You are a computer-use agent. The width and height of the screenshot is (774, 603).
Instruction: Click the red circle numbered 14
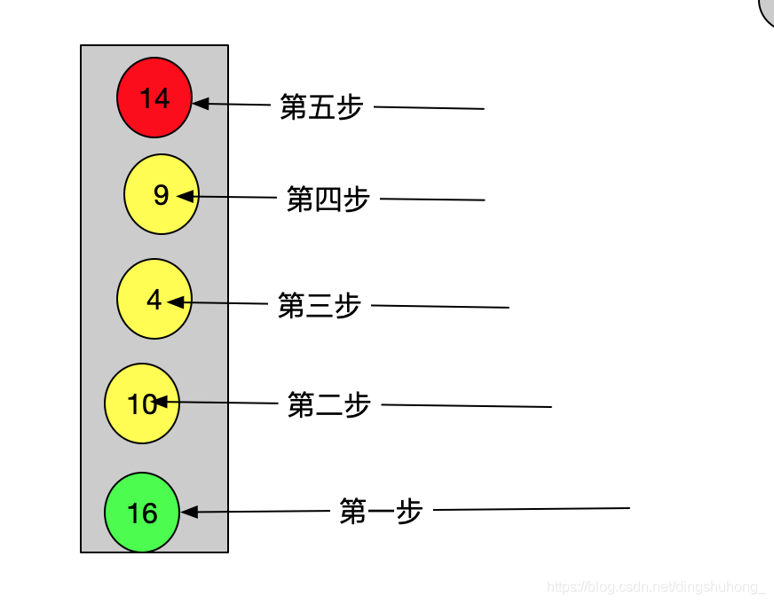click(154, 98)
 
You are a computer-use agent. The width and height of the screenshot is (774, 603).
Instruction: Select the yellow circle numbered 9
click(161, 194)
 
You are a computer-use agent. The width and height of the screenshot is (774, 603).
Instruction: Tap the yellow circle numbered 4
click(154, 299)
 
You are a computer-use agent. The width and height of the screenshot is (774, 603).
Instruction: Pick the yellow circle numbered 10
click(141, 403)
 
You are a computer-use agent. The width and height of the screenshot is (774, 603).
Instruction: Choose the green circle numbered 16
click(142, 513)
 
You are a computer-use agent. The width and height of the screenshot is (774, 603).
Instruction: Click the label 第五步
click(321, 107)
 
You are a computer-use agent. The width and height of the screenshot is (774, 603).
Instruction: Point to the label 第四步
click(328, 199)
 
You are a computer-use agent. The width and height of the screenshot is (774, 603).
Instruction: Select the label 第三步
click(319, 305)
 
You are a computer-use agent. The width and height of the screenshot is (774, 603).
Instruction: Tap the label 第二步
click(328, 405)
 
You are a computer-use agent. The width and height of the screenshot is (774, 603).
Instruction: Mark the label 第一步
click(381, 511)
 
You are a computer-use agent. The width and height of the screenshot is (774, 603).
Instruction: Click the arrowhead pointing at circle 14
click(201, 104)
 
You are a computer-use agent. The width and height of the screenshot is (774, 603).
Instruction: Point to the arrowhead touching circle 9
click(185, 196)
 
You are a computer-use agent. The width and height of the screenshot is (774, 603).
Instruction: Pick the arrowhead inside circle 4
click(176, 302)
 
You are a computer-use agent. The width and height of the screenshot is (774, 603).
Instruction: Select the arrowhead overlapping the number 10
click(162, 403)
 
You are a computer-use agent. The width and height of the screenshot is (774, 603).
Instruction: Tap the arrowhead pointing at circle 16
click(189, 512)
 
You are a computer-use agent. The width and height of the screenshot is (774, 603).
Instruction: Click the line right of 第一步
click(531, 509)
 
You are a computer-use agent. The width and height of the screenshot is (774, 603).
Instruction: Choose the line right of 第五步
click(429, 108)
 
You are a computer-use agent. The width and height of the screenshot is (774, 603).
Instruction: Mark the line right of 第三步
click(439, 307)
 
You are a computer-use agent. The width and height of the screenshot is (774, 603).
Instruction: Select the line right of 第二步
click(466, 406)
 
